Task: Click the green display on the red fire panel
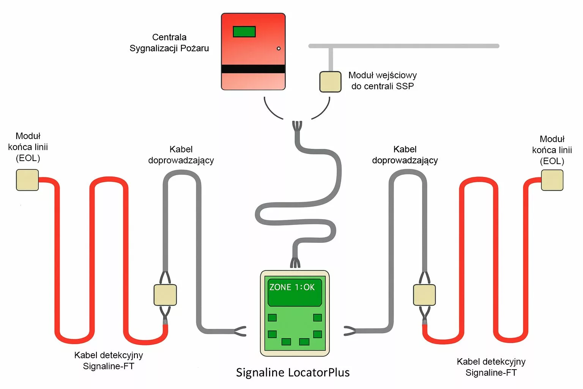[244, 32]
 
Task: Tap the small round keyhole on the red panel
[279, 49]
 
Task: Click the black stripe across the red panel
[253, 69]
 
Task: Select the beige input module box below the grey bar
[330, 82]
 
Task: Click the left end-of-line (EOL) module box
[27, 180]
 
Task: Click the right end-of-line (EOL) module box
[552, 180]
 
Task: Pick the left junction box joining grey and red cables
[165, 295]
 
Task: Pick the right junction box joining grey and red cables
[424, 295]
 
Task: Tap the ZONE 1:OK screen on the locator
[295, 292]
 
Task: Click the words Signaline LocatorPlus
[293, 372]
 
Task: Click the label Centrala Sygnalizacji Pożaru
[169, 43]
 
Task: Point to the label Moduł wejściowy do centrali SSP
[383, 81]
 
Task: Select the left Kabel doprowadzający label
[181, 155]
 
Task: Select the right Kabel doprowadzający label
[405, 155]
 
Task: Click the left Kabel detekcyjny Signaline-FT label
[109, 361]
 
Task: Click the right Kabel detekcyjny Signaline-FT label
[491, 367]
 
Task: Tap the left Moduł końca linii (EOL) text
[28, 147]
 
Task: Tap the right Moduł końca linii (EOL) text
[552, 150]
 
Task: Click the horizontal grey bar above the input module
[403, 46]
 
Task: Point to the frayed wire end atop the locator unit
[295, 262]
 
